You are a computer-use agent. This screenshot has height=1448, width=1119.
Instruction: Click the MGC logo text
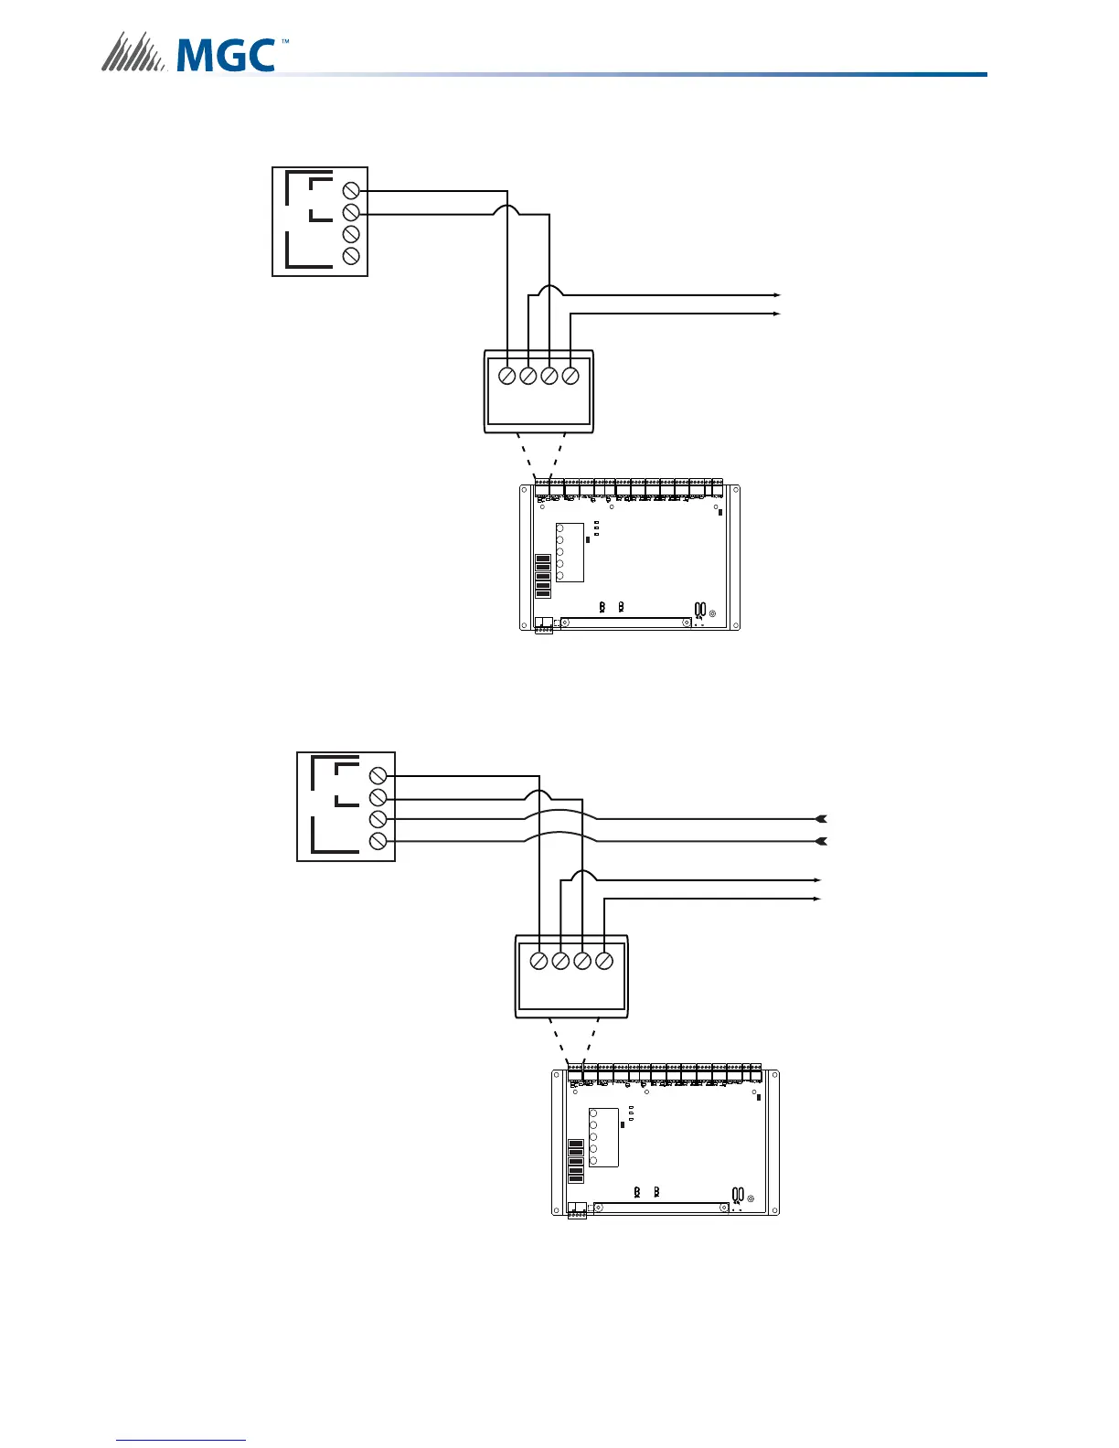(x=226, y=54)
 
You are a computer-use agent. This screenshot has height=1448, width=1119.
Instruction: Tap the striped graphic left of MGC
(x=133, y=52)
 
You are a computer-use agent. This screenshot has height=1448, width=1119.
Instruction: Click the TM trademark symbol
(x=284, y=42)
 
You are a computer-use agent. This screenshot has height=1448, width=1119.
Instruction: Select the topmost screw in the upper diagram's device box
(x=350, y=190)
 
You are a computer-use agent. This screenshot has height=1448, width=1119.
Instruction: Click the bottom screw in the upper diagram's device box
(x=350, y=257)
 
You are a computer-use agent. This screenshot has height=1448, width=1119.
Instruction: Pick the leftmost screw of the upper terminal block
(x=506, y=376)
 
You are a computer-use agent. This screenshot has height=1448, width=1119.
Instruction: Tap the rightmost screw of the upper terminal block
(x=570, y=376)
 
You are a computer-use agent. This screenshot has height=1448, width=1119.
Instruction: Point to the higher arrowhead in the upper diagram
(x=776, y=295)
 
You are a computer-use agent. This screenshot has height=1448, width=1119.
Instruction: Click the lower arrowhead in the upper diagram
(x=776, y=314)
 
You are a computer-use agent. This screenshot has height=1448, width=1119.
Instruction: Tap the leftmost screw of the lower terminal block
(x=539, y=961)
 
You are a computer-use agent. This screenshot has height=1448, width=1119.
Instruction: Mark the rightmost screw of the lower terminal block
(x=603, y=961)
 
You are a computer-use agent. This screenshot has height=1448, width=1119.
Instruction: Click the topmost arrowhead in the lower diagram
(x=821, y=818)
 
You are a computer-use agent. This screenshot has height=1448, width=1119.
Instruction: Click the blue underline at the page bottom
(x=181, y=1441)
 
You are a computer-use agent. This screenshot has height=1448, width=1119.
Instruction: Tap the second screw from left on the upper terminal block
(x=528, y=376)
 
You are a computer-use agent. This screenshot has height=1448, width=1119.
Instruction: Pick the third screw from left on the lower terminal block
(x=582, y=961)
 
